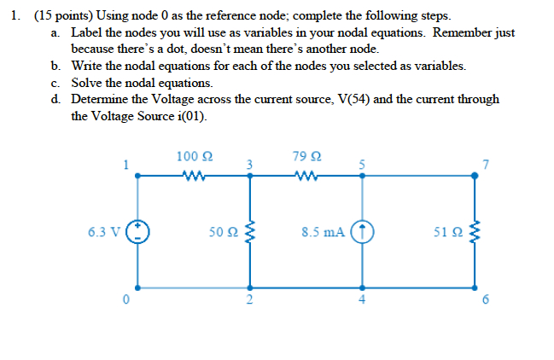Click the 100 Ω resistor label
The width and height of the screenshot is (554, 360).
pos(195,156)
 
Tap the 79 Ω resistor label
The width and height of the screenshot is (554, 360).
pos(306,156)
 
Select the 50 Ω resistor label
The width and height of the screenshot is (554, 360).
pos(224,231)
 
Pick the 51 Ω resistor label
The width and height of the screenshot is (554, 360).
pos(447,231)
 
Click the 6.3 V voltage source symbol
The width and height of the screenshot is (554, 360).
pos(139,231)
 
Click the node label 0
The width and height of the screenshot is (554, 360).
pos(125,299)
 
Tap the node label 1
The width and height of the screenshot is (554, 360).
pos(125,165)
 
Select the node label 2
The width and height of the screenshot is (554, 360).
pos(249,299)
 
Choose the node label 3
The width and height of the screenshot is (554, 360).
pos(249,164)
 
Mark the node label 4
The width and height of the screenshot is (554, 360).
pos(362,299)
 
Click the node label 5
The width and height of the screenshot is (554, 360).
pos(362,164)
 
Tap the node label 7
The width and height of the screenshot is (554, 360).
pos(486,165)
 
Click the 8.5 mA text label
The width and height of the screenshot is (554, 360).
pos(324,231)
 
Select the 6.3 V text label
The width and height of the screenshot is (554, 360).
pos(103,231)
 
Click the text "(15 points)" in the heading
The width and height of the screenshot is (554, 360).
pos(59,16)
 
